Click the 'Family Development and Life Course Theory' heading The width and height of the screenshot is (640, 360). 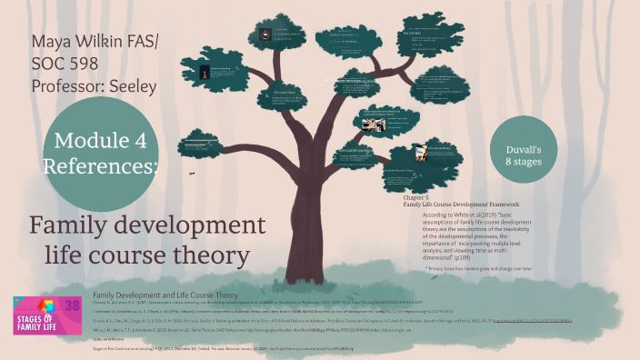pyautogui.click(x=165, y=295)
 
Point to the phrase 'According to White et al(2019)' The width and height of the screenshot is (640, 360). pyautogui.click(x=451, y=215)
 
